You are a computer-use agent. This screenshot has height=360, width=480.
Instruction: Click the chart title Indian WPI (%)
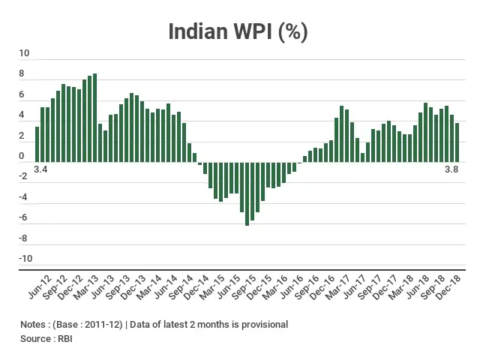pyautogui.click(x=238, y=31)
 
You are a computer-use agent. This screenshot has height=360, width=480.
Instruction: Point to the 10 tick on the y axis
pyautogui.click(x=25, y=54)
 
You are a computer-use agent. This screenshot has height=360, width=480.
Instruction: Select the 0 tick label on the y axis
pyautogui.click(x=22, y=157)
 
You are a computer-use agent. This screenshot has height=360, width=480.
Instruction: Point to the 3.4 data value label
pyautogui.click(x=40, y=170)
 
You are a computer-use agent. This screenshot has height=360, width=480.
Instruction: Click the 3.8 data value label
pyautogui.click(x=451, y=170)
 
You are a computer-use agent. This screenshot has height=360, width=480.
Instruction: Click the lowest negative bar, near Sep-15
pyautogui.click(x=247, y=193)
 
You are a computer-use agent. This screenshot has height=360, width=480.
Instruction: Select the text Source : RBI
pyautogui.click(x=46, y=339)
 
